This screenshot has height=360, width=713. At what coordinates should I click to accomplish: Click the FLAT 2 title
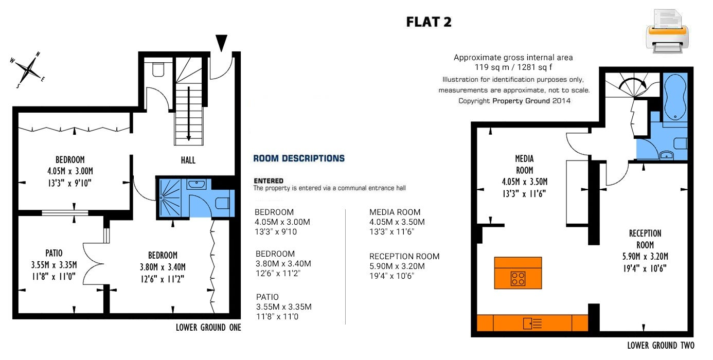tap(429, 22)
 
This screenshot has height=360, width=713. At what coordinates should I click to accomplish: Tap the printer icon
tap(667, 31)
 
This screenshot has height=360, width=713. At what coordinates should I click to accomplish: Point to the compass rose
tap(28, 70)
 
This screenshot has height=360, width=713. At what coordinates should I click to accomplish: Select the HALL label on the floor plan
tap(188, 160)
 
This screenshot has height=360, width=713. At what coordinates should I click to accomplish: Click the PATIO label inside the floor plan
tap(54, 254)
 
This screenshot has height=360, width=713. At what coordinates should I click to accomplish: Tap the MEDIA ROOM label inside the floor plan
tap(524, 164)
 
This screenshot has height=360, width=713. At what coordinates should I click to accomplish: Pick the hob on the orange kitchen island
tap(518, 279)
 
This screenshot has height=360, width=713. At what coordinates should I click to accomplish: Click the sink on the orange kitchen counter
tap(532, 323)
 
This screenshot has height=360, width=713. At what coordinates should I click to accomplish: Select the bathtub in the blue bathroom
tap(675, 97)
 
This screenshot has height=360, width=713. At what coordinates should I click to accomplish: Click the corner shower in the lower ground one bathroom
tap(170, 198)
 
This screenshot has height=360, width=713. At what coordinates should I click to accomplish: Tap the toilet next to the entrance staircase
tap(158, 70)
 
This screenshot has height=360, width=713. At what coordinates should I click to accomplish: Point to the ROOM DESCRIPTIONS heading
tap(299, 158)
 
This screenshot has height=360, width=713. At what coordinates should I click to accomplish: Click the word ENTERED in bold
tap(269, 181)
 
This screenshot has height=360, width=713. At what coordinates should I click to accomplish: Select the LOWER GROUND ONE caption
tap(208, 328)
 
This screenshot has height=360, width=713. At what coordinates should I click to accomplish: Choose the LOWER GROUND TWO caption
tap(661, 346)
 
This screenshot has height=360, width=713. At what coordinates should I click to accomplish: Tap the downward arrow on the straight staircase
tap(189, 114)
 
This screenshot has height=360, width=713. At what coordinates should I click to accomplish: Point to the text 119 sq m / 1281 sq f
tap(513, 67)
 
